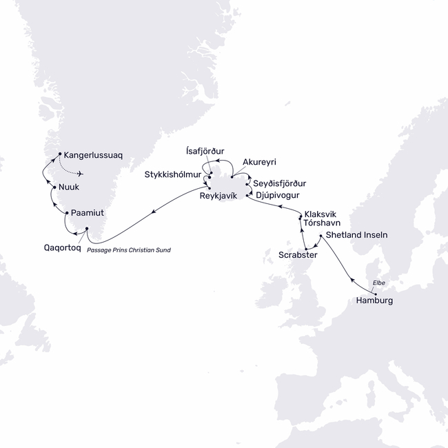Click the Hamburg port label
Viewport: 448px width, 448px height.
(375, 301)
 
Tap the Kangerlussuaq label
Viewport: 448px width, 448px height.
(92, 156)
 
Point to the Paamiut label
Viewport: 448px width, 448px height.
(88, 214)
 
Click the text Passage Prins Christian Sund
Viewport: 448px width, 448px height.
(129, 250)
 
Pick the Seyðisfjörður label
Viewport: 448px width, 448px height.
(280, 184)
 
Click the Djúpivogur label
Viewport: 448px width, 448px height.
(278, 196)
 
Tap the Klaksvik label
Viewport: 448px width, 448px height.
(323, 214)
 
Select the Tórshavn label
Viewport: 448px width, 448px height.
(323, 224)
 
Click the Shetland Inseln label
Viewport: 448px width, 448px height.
(356, 235)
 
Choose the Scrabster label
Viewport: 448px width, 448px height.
(298, 255)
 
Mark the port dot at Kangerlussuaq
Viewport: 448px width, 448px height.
(60, 153)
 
